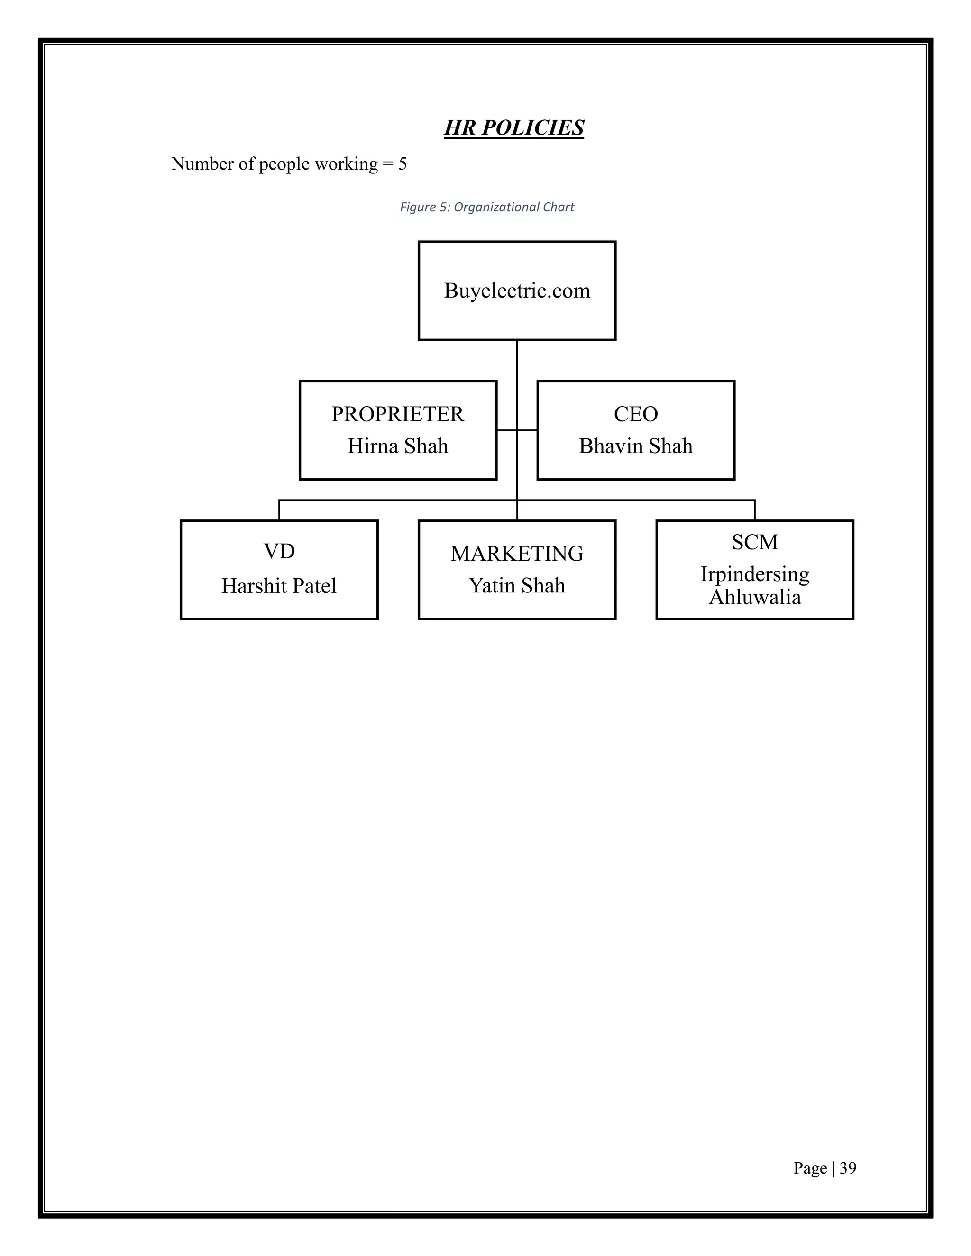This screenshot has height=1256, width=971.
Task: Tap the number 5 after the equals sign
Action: [403, 164]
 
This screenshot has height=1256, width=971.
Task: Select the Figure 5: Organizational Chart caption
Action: [486, 207]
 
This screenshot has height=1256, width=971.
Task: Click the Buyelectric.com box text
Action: [517, 291]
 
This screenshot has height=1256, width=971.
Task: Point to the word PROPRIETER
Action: [397, 414]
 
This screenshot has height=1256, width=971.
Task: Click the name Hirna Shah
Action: [397, 446]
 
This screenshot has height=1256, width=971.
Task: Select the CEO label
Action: [636, 414]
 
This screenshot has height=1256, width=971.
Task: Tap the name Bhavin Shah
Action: [636, 446]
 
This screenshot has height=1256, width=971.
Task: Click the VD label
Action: [279, 552]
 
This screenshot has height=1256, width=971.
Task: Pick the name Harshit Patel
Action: [279, 586]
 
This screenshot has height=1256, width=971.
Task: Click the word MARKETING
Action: [517, 554]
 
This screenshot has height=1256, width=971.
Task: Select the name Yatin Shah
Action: [517, 585]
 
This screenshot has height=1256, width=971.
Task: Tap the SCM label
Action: [755, 542]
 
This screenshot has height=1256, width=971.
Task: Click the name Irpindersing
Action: [755, 574]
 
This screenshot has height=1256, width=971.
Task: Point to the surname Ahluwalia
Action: [755, 598]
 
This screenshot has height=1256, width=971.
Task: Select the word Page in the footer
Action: [810, 1168]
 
